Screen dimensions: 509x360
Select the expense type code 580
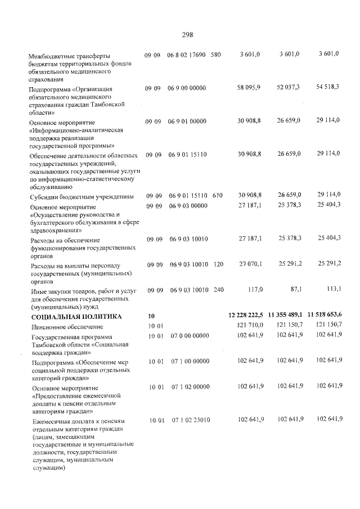click(216, 55)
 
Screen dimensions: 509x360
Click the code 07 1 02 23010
click(191, 420)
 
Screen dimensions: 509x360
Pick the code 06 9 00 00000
click(187, 89)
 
